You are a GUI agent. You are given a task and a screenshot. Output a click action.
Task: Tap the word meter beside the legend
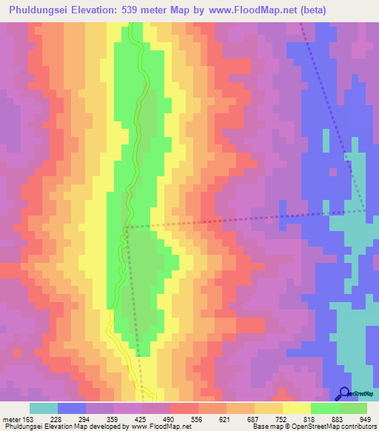(x=11, y=420)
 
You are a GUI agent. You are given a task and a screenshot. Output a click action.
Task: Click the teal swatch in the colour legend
(x=43, y=408)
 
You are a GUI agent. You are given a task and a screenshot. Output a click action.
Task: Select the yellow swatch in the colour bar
(x=296, y=408)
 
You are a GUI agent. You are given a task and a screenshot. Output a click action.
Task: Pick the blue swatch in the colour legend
(x=71, y=408)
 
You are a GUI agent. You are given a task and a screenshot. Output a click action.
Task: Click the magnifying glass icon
(x=344, y=394)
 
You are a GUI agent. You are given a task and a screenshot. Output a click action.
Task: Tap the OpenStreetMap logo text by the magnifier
(x=363, y=394)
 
